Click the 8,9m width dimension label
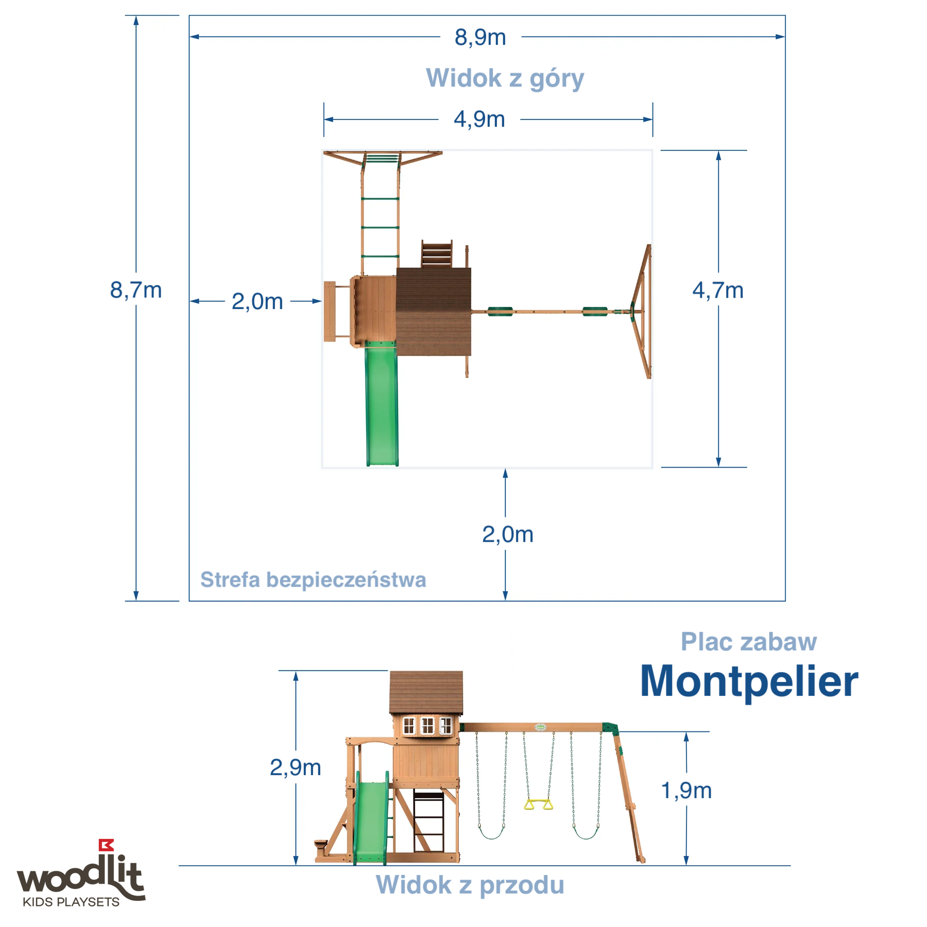(480, 38)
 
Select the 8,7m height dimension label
(136, 290)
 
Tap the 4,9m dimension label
(479, 119)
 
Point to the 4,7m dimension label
(717, 291)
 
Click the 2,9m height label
(295, 768)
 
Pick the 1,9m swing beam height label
(686, 791)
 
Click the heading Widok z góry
(505, 78)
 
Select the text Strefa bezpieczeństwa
(313, 580)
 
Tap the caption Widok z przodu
(470, 885)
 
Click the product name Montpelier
(749, 681)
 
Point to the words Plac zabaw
(748, 642)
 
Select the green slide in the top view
(382, 404)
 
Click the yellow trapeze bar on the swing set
(538, 804)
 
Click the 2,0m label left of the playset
(257, 302)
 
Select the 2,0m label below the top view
(507, 535)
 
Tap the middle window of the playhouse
(427, 726)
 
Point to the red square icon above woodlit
(106, 845)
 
